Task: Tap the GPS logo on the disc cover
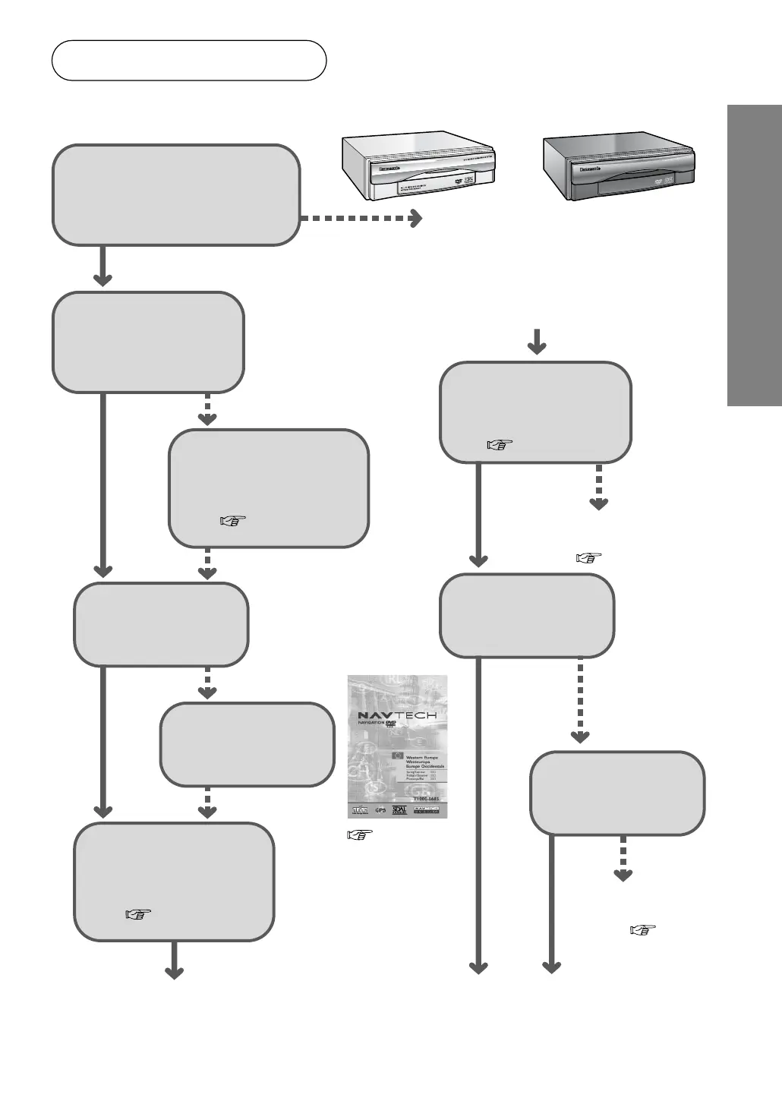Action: [x=381, y=810]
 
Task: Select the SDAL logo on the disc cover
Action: [x=400, y=809]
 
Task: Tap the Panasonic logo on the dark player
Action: [x=585, y=169]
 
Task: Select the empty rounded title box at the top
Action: [x=189, y=61]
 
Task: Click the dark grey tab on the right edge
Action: [x=754, y=256]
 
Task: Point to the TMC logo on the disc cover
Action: [x=361, y=810]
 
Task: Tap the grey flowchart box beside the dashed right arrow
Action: [x=176, y=195]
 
